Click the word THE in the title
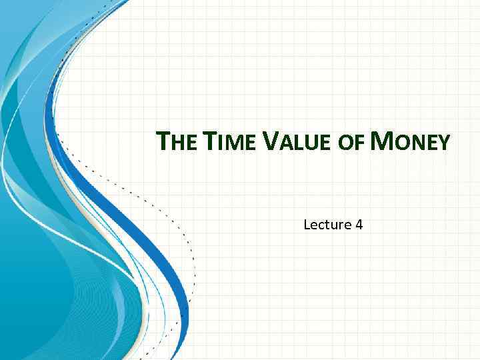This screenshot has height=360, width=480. [x=177, y=142]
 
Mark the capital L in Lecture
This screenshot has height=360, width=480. [x=307, y=224]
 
